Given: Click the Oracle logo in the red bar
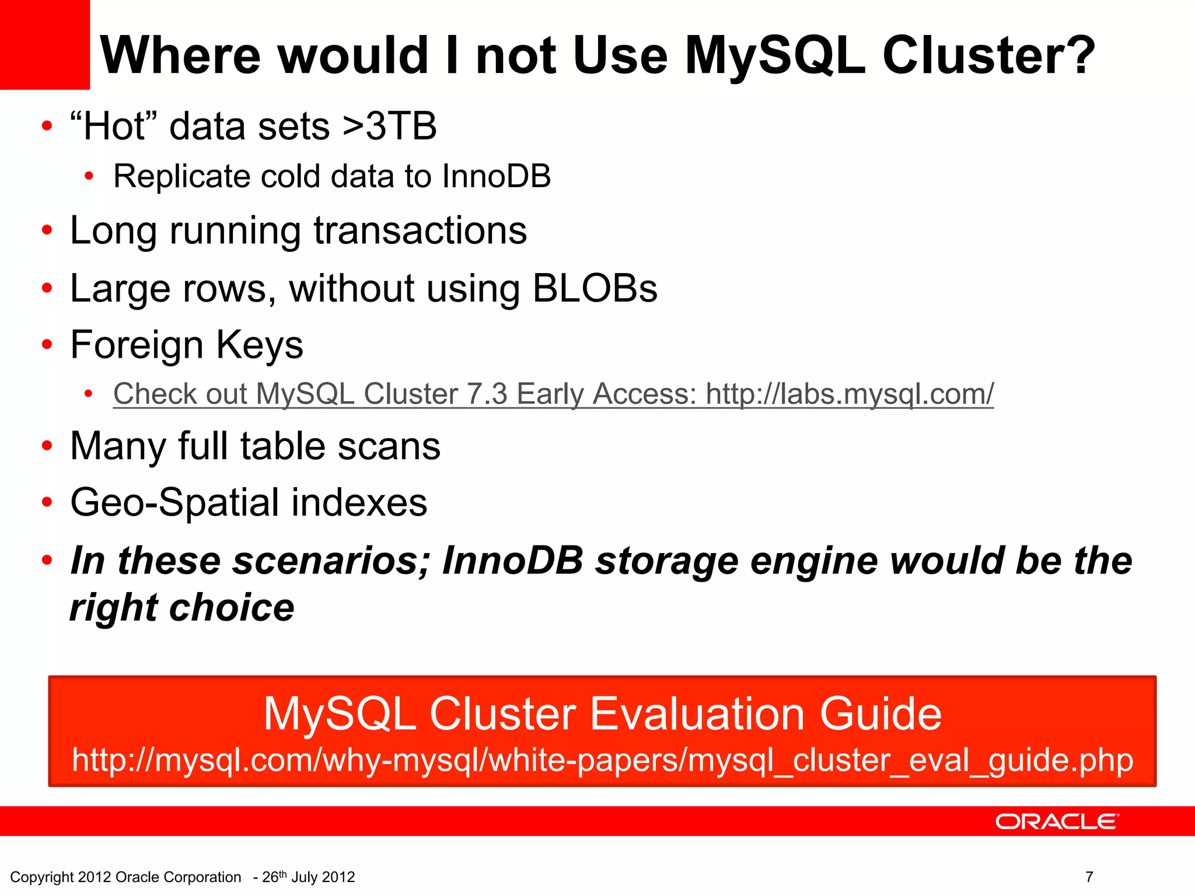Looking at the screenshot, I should click(x=1057, y=821).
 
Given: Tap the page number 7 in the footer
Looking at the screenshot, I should click(x=1089, y=877).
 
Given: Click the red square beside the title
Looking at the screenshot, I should click(x=44, y=44).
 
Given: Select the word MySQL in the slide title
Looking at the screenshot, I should click(x=774, y=55).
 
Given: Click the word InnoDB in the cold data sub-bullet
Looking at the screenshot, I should click(x=496, y=176).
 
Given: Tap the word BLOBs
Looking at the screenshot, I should click(x=595, y=288).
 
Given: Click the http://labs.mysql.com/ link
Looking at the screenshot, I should click(x=850, y=394).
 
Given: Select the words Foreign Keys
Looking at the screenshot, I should click(x=187, y=345).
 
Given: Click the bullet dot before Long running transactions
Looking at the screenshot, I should click(x=47, y=231).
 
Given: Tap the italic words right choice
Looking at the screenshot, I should click(x=182, y=608).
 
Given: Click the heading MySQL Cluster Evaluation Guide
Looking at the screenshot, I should click(x=602, y=714).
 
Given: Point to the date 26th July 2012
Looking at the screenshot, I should click(x=308, y=877).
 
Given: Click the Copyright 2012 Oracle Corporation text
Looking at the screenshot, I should click(x=125, y=877).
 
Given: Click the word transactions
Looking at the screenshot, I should click(x=420, y=230).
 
